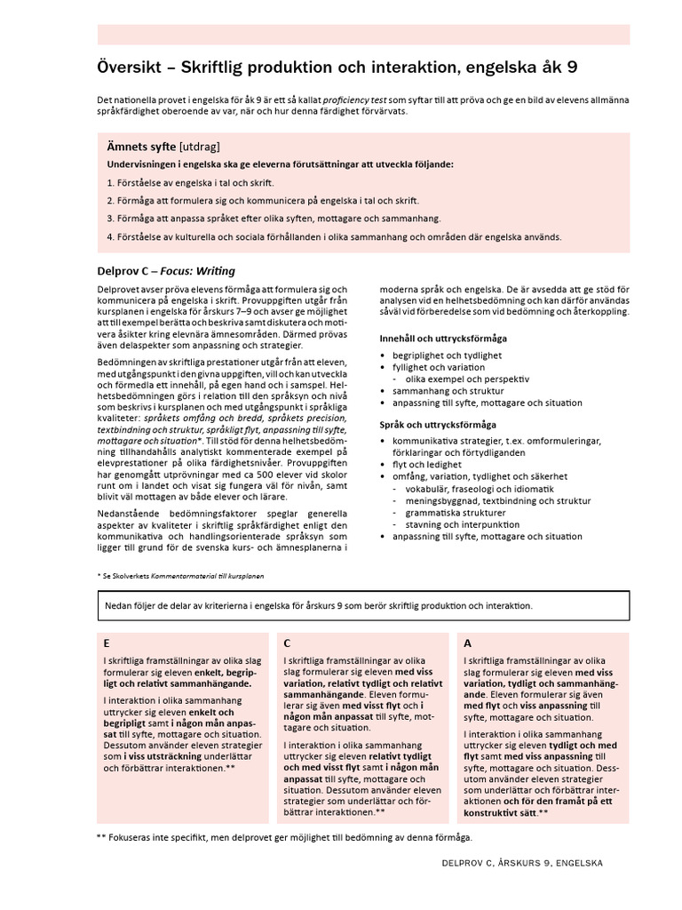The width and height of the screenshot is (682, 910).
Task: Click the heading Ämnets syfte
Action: pyautogui.click(x=141, y=146)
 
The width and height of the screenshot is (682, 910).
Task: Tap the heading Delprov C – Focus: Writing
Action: pyautogui.click(x=166, y=271)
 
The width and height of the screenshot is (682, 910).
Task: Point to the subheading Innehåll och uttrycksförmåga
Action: pyautogui.click(x=443, y=339)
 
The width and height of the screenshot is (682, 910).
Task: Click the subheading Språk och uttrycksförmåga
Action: pyautogui.click(x=438, y=425)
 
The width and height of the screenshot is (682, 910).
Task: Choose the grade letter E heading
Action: pyautogui.click(x=107, y=643)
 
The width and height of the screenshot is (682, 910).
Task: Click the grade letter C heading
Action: pyautogui.click(x=287, y=643)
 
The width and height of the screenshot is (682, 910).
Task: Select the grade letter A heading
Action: pyautogui.click(x=468, y=643)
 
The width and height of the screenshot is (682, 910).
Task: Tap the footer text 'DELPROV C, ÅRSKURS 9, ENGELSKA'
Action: pyautogui.click(x=521, y=862)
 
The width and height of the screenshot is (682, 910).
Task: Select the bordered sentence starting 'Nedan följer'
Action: pyautogui.click(x=319, y=605)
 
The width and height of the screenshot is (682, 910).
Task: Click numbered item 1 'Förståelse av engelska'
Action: pyautogui.click(x=187, y=182)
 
